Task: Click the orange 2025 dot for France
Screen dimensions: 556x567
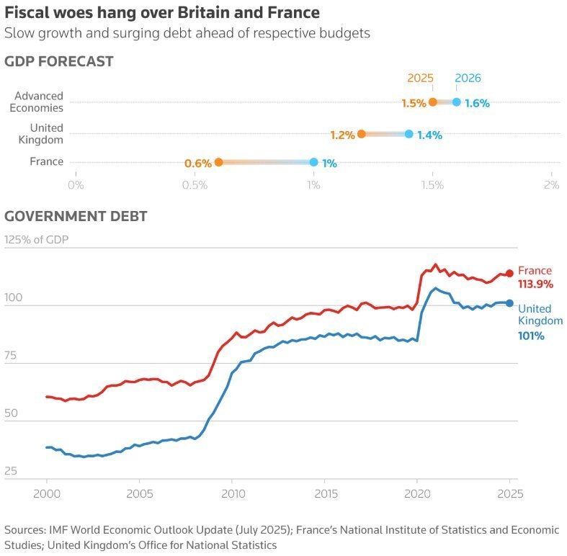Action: (218, 163)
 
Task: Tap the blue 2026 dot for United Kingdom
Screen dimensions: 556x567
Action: (409, 134)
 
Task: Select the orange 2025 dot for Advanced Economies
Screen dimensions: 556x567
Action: (432, 102)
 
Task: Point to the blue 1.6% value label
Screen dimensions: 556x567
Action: (477, 103)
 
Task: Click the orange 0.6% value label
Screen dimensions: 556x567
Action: (198, 163)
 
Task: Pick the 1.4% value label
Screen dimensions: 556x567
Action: (429, 135)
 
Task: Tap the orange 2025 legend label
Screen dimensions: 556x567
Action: (420, 79)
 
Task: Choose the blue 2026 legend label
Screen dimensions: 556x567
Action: (468, 79)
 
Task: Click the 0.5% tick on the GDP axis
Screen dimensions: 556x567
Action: (195, 185)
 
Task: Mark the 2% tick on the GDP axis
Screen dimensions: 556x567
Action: (551, 185)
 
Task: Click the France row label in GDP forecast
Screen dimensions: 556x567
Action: (46, 161)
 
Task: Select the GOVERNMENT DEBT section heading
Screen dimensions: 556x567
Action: (76, 216)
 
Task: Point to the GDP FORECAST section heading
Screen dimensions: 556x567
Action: (59, 62)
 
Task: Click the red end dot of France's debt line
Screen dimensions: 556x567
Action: (509, 274)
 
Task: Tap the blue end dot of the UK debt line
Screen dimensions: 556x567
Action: (509, 303)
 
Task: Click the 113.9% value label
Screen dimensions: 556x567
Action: (535, 284)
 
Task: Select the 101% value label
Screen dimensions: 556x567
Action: (531, 335)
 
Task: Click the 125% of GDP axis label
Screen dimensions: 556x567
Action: (36, 240)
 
